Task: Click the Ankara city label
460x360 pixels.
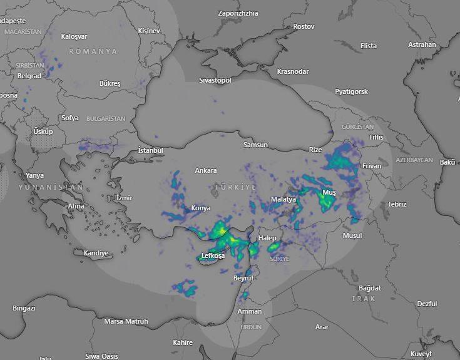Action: [x=206, y=170]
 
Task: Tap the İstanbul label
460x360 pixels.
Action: [x=150, y=150]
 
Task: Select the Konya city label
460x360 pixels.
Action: [x=201, y=208]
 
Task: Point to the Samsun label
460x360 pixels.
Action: [x=255, y=145]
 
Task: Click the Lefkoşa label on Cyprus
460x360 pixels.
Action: [x=213, y=255]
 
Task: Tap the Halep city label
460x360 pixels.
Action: [x=267, y=238]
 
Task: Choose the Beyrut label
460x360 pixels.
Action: [x=243, y=277]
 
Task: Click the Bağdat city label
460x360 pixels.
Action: [x=369, y=288]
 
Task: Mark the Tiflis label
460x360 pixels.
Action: [x=376, y=136]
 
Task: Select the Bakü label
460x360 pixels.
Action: [x=447, y=162]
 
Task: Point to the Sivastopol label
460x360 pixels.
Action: [x=215, y=80]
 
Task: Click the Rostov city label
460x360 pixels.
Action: [x=304, y=26]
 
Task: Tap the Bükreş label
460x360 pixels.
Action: [x=110, y=83]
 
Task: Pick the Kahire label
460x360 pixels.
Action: [x=183, y=342]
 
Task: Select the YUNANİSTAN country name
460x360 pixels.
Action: [x=50, y=187]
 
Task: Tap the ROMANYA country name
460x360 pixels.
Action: [x=93, y=51]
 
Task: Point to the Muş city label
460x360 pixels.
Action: [x=329, y=192]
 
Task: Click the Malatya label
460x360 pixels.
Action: [x=283, y=198]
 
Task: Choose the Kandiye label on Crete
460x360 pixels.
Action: [x=96, y=253]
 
